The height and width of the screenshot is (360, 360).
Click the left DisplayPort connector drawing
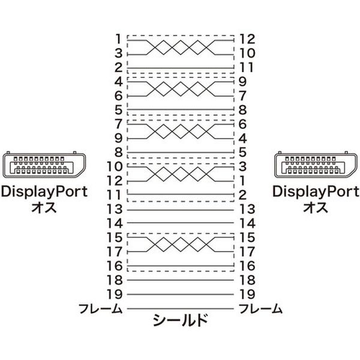coord(44,164)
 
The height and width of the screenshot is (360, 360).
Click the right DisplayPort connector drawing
coord(316,164)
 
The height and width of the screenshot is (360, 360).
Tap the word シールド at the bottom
coord(180,320)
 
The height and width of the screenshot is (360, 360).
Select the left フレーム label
coord(100,308)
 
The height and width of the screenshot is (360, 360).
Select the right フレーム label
coord(260,308)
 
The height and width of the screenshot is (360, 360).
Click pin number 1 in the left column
coord(118,39)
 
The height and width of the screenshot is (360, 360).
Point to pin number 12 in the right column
coord(247,39)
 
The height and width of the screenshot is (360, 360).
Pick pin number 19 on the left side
coord(115,294)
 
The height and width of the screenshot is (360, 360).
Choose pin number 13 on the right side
coord(247,209)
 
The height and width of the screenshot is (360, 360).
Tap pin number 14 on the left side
coord(115,223)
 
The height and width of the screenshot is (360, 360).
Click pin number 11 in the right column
coord(247,67)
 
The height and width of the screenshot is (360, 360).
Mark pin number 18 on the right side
coord(247,280)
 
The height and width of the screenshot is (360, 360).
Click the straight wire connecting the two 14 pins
coord(181,223)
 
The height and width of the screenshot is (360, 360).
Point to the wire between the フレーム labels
coord(181,308)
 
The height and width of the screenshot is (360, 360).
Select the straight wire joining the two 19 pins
coord(181,294)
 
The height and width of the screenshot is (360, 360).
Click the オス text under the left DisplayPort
coord(44,207)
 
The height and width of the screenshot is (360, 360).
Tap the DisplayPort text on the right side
coord(316,191)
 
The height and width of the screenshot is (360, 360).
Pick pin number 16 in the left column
coord(115,266)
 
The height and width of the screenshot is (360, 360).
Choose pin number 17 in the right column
coord(247,251)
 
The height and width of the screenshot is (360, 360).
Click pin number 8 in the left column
coord(118,152)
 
